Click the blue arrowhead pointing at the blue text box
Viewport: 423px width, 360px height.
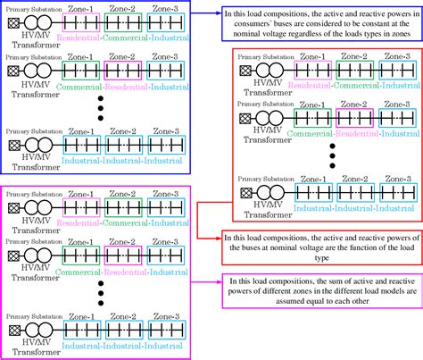click(218, 14)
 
